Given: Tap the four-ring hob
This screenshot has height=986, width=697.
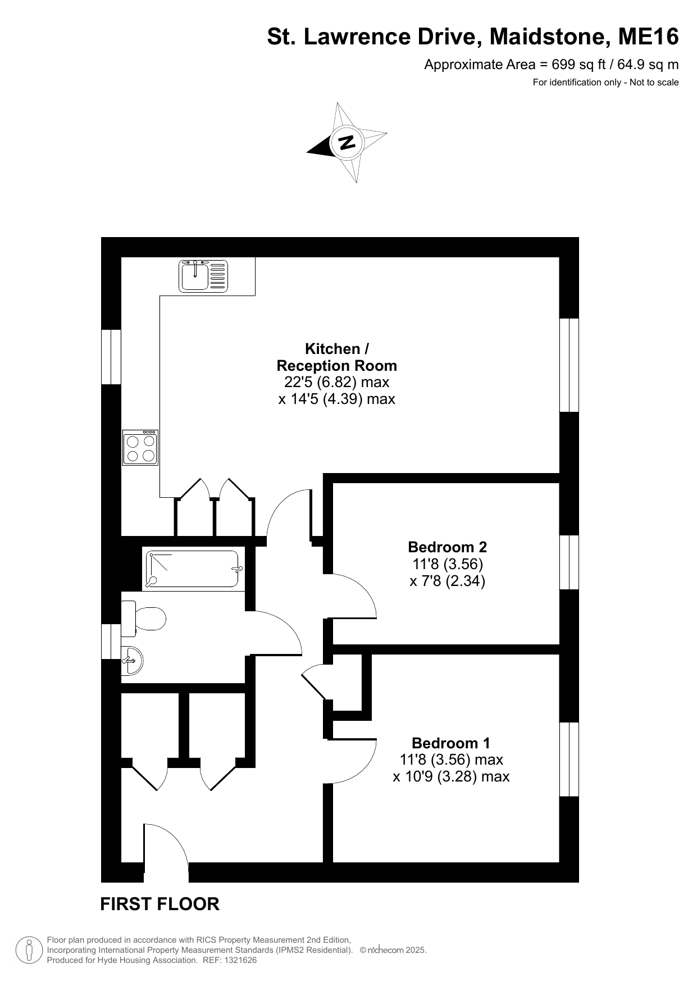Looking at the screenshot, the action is [140, 448].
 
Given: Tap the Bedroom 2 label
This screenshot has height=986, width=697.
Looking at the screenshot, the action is [448, 547].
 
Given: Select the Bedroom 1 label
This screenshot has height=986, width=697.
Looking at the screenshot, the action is [451, 743].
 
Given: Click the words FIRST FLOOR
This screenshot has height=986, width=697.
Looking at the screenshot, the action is [160, 904].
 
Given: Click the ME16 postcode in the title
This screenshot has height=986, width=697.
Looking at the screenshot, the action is [648, 37].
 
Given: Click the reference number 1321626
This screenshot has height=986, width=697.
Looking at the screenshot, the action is [240, 960].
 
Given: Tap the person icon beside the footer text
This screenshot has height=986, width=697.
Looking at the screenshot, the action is [29, 950].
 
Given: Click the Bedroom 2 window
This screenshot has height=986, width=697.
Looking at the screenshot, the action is [570, 562].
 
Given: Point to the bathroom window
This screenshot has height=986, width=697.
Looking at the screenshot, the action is [111, 642].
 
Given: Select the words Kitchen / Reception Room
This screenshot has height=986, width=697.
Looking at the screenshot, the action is [337, 357].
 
